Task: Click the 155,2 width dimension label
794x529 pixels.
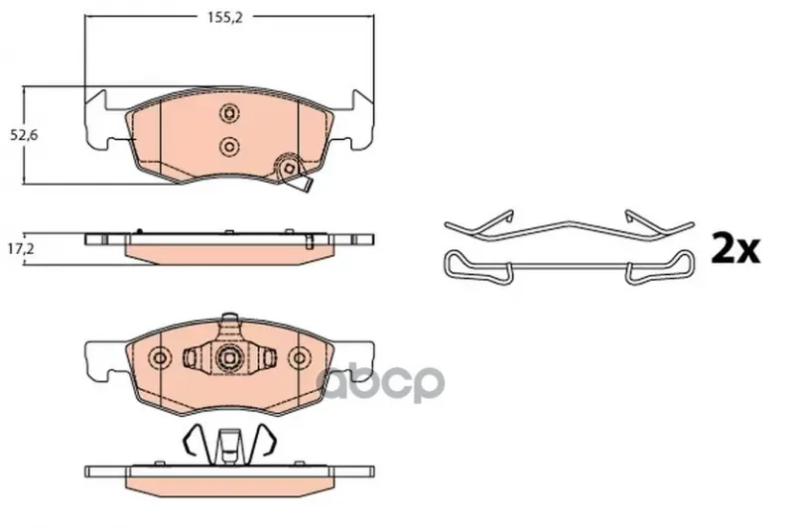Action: (x=225, y=17)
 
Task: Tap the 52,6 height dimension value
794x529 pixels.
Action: (x=24, y=135)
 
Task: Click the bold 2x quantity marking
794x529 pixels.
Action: (x=735, y=248)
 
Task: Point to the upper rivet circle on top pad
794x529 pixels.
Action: (x=229, y=113)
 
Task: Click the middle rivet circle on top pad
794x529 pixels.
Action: (x=229, y=147)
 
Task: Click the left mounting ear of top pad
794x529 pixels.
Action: (x=101, y=120)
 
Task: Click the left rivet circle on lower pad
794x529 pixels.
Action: (x=160, y=358)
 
